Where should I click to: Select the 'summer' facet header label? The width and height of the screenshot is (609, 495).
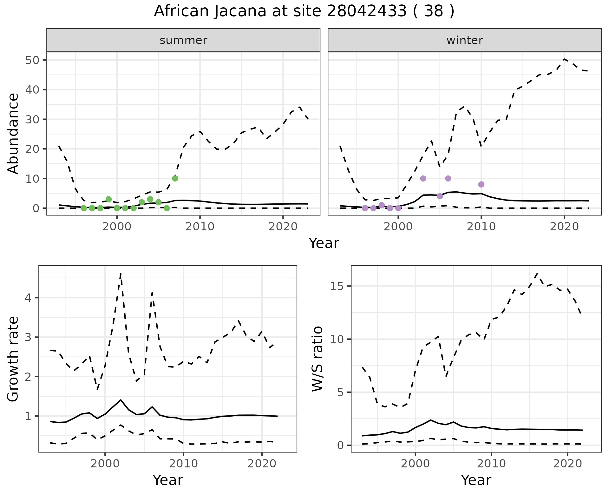[x=183, y=40]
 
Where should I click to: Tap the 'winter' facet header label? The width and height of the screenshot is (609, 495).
[x=464, y=40]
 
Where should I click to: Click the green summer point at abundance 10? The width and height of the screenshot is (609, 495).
[x=175, y=179]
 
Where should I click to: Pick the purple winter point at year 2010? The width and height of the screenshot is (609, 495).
[x=481, y=184]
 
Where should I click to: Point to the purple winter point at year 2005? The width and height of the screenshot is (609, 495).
[x=440, y=196]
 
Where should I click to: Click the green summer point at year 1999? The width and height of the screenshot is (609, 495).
[x=108, y=199]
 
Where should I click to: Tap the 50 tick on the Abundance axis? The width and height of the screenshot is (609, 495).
[x=31, y=60]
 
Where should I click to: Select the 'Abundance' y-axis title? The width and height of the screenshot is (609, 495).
[x=13, y=133]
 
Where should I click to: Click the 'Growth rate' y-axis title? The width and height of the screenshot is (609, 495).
[x=13, y=359]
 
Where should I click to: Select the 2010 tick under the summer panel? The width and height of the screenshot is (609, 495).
[x=200, y=227]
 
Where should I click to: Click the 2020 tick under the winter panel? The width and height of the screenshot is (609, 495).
[x=564, y=227]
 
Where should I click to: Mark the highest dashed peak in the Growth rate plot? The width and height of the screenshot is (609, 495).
[x=121, y=274]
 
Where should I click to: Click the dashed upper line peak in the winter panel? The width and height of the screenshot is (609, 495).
[x=564, y=59]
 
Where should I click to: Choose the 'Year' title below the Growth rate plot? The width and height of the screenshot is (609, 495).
[x=168, y=480]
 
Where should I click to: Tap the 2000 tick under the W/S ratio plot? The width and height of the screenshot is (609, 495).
[x=415, y=464]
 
